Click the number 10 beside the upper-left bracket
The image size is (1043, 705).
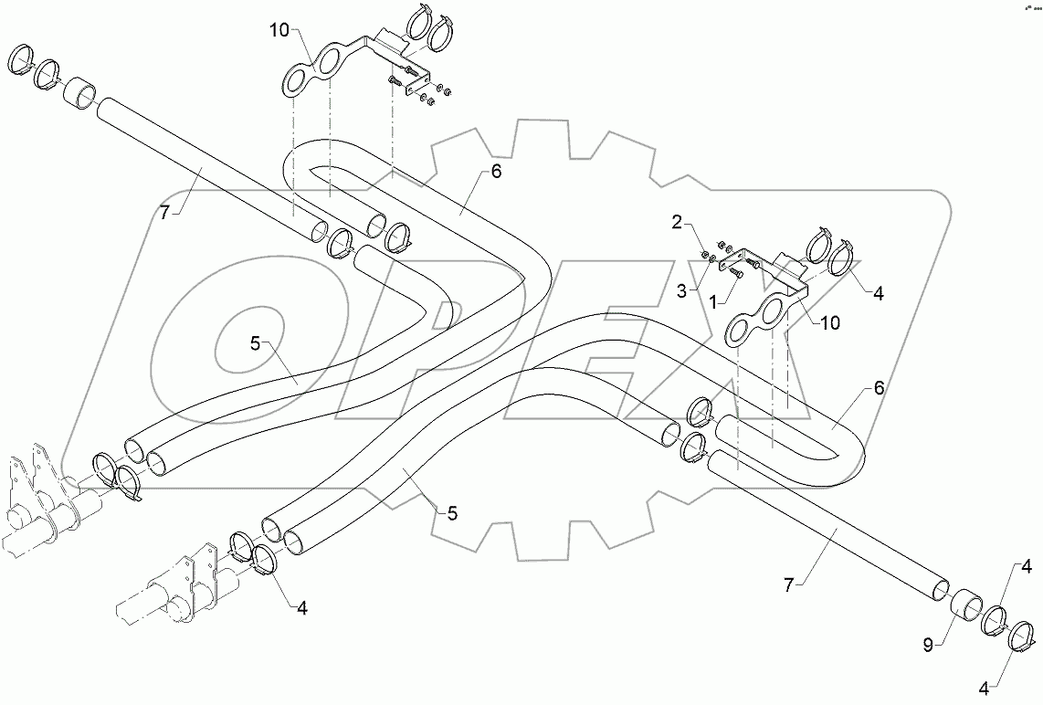click(x=279, y=30)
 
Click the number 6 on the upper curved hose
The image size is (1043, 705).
click(x=496, y=171)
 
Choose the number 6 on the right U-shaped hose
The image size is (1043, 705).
click(x=879, y=387)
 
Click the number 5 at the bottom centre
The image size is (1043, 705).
click(x=452, y=513)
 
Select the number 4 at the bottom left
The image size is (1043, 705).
click(x=302, y=606)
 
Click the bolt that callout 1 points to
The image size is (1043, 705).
click(x=737, y=270)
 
